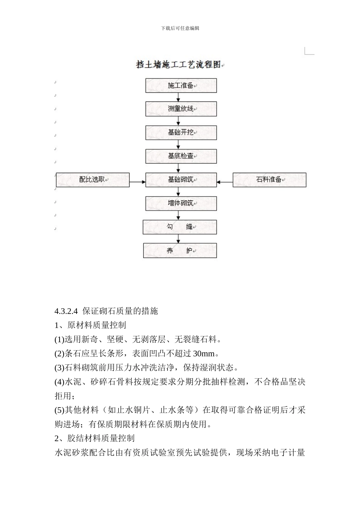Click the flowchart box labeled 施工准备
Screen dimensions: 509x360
[x=181, y=86]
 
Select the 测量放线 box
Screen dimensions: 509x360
[x=181, y=109]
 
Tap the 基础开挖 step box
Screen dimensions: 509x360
[x=181, y=133]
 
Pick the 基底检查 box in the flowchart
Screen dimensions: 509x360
[x=181, y=156]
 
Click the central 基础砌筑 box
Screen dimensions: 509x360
[x=181, y=180]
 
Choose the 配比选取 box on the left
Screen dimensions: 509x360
[x=93, y=180]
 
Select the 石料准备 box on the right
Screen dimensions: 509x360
[x=269, y=180]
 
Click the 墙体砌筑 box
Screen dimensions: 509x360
[x=181, y=203]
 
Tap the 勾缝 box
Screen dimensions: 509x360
[x=180, y=227]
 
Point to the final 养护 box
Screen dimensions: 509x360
[x=180, y=251]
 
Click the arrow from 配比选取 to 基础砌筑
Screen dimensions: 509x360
[x=138, y=182]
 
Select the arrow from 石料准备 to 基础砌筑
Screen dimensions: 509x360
[x=225, y=182]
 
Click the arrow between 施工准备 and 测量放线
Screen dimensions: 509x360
[x=178, y=97]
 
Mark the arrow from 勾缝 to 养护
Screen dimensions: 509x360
[x=178, y=239]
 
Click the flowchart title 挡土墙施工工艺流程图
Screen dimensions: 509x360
[x=178, y=65]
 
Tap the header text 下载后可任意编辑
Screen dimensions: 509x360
[x=180, y=28]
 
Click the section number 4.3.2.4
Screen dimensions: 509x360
[x=66, y=311]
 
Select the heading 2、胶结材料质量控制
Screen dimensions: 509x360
[x=94, y=438]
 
